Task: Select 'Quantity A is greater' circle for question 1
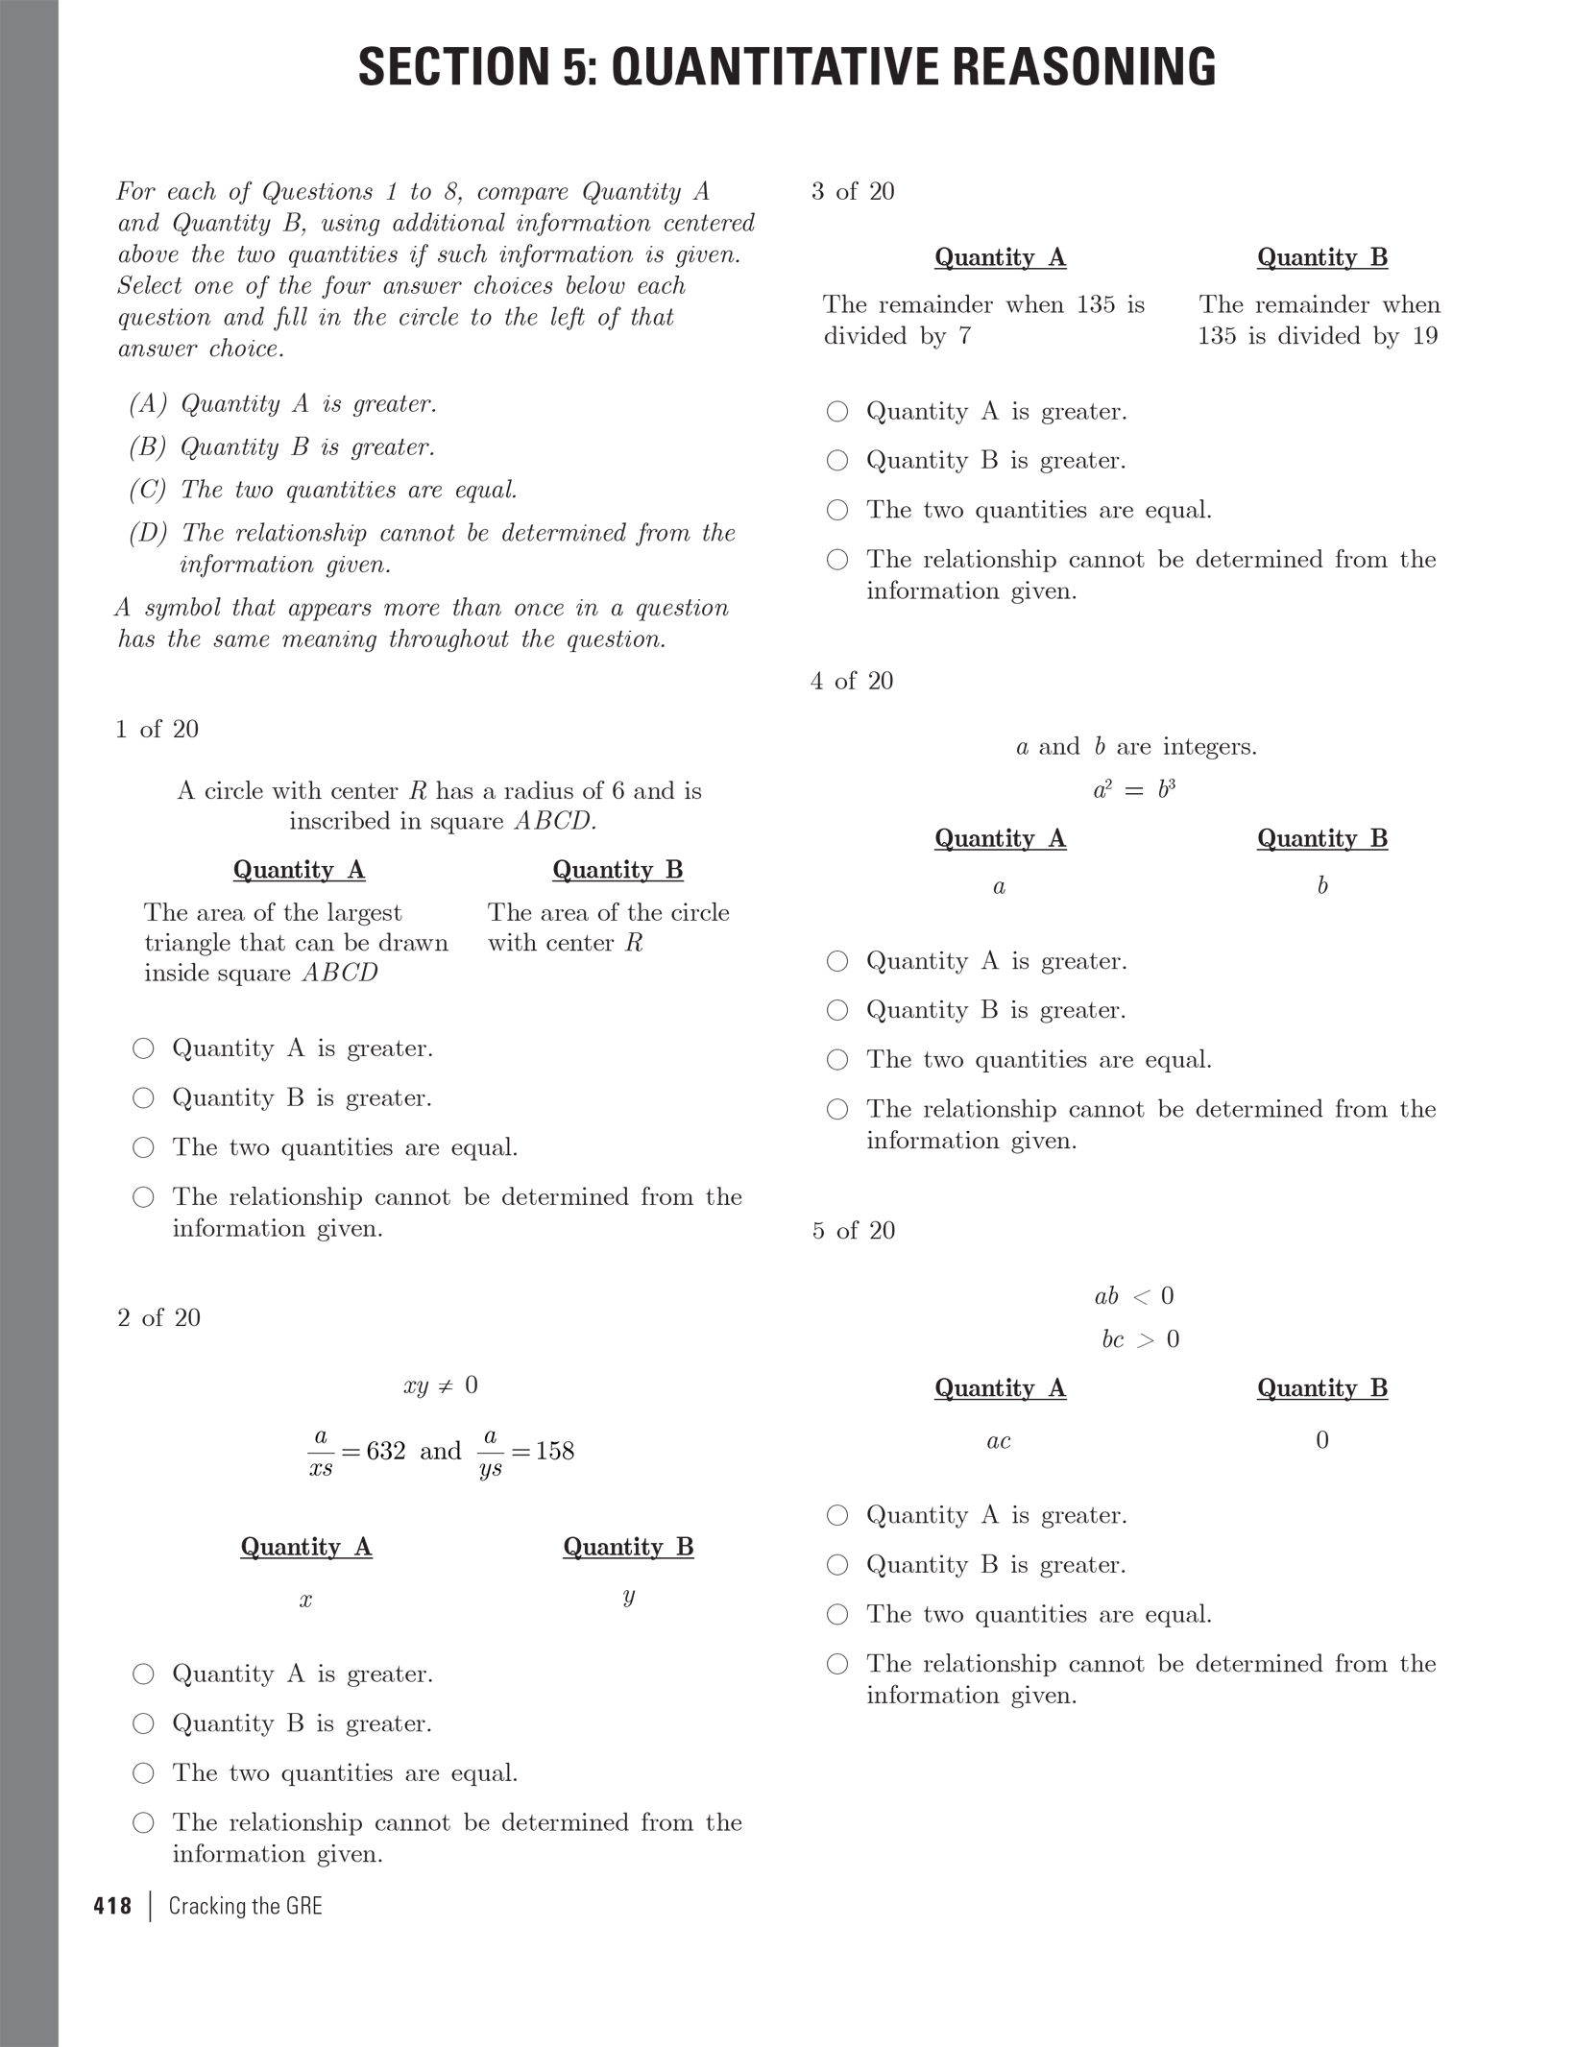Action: [x=143, y=1048]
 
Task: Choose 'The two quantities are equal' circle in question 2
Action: [x=143, y=1773]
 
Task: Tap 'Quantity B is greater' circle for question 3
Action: [x=837, y=461]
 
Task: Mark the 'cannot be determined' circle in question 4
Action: [x=837, y=1110]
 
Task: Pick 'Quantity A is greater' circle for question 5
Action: [x=837, y=1515]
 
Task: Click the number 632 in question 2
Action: [x=386, y=1451]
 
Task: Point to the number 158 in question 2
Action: [x=554, y=1451]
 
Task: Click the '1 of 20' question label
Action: [x=157, y=730]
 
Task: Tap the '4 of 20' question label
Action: [x=852, y=682]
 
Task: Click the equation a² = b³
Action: [x=1134, y=790]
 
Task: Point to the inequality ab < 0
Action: [x=1134, y=1297]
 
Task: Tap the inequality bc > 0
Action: [x=1140, y=1340]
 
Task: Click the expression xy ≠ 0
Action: [x=441, y=1385]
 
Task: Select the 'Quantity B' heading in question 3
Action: [x=1322, y=257]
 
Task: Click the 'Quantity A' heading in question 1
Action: [x=299, y=870]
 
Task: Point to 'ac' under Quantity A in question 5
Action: [x=999, y=1441]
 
